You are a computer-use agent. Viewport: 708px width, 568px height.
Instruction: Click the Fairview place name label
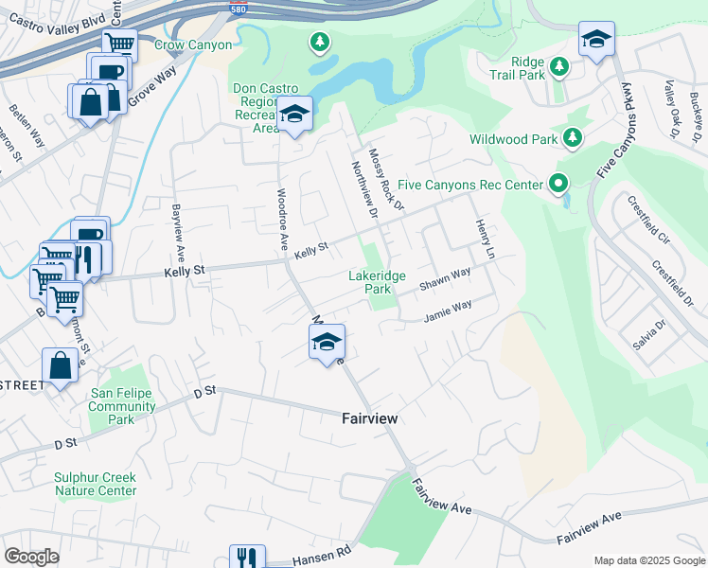[x=369, y=417]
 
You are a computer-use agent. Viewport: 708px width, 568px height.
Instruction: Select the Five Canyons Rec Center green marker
[x=558, y=184]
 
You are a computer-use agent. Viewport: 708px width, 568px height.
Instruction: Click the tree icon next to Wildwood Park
[x=572, y=139]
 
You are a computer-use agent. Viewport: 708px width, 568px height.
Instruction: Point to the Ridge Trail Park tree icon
[x=559, y=66]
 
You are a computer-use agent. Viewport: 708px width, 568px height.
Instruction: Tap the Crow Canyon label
[x=193, y=44]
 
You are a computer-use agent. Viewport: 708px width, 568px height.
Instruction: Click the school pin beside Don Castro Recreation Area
[x=294, y=115]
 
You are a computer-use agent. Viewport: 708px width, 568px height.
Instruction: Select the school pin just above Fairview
[x=327, y=342]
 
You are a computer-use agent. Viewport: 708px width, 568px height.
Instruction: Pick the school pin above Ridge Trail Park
[x=596, y=39]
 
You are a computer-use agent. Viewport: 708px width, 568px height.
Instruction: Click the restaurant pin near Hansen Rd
[x=246, y=558]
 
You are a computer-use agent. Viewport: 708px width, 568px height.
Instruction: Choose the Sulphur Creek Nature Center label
[x=95, y=484]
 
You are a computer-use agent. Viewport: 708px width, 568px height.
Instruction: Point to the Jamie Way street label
[x=448, y=310]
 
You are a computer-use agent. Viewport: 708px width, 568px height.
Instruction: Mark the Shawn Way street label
[x=445, y=278]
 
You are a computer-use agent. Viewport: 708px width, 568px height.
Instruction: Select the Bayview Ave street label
[x=176, y=232]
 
